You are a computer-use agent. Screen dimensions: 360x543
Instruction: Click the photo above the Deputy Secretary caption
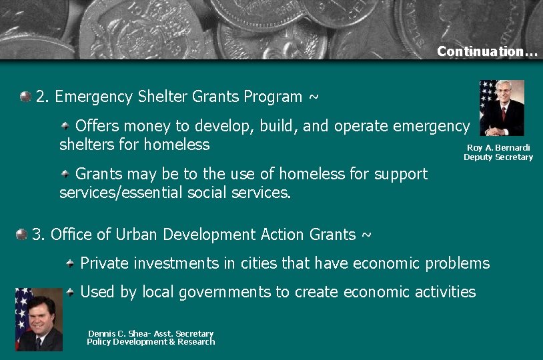coord(502,108)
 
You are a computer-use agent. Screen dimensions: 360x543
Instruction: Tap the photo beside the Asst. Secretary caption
coord(39,319)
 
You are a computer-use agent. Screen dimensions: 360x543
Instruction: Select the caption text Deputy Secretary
coord(498,157)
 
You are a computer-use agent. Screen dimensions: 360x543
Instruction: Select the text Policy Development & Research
coord(151,342)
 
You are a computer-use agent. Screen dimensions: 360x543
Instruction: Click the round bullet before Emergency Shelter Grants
coord(25,96)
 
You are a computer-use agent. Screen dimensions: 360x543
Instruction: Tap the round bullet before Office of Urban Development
coord(22,234)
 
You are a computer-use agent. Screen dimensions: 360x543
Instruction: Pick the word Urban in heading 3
coord(137,235)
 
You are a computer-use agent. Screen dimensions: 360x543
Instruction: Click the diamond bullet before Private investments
coord(71,263)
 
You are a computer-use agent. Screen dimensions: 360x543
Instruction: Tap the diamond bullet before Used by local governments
coord(71,291)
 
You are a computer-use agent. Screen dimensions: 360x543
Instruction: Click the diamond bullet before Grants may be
coord(65,174)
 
